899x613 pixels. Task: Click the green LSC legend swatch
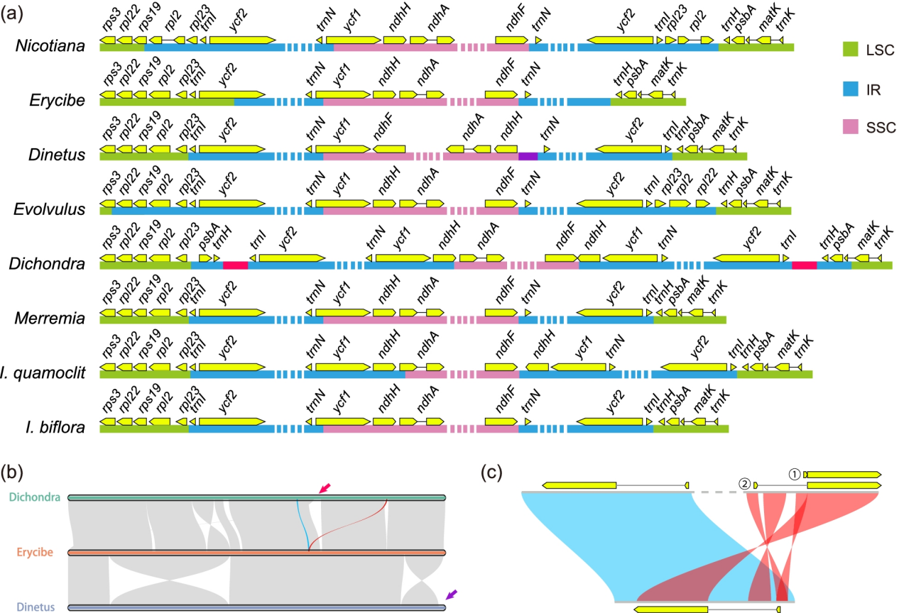coord(850,49)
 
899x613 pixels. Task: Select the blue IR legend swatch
coord(850,89)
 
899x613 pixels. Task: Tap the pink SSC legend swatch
coord(850,127)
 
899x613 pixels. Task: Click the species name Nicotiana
coord(50,45)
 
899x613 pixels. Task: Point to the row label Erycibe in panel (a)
coord(57,100)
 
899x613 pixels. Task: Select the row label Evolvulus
coord(50,209)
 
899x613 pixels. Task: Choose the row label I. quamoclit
coord(43,373)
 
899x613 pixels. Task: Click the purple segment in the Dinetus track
coord(528,156)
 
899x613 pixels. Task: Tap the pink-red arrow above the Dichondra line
coord(325,488)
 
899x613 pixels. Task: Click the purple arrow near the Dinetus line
coord(452,595)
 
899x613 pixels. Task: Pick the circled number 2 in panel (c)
coord(744,485)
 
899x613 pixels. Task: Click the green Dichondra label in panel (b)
coord(35,497)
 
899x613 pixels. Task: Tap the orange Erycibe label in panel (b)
coord(35,552)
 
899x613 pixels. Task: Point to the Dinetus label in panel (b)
coord(36,607)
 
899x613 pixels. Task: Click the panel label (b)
coord(11,473)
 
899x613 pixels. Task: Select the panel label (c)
coord(491,473)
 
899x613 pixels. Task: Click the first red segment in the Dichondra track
coord(235,265)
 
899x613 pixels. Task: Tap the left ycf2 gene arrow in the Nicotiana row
coord(242,40)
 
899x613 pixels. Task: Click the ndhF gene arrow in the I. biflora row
coord(501,421)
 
